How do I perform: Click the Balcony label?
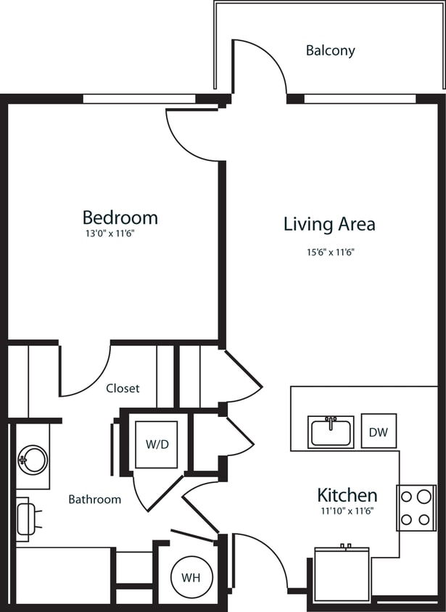330,51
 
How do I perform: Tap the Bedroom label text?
120,217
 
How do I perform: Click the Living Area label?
329,224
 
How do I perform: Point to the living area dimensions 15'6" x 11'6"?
329,252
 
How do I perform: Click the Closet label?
123,389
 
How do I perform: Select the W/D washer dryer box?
156,444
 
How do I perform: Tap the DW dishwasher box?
378,432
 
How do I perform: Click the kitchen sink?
331,432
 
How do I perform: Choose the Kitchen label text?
347,495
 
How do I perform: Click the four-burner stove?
416,508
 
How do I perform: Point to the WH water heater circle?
191,578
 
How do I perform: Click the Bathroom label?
94,500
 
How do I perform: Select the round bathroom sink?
32,459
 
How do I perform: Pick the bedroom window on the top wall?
139,99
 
